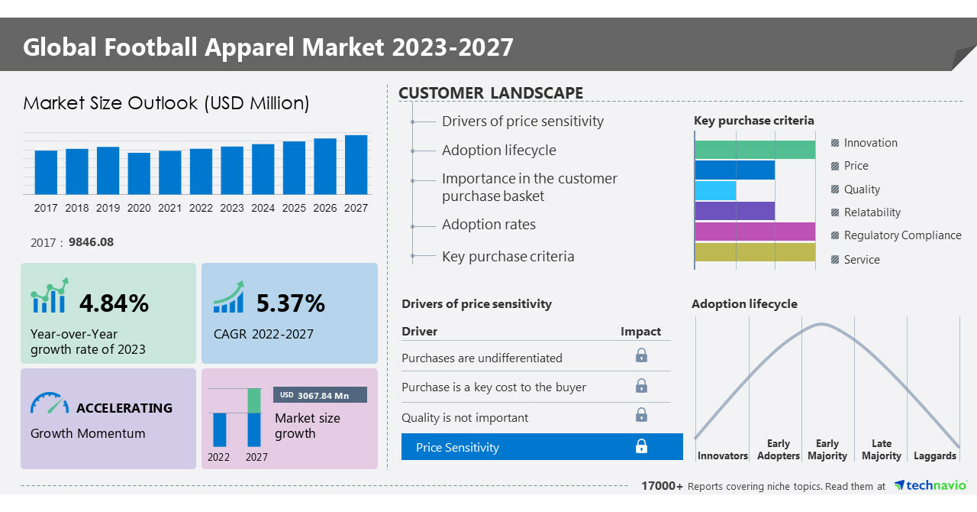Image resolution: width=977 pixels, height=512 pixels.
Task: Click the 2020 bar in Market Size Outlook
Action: click(139, 173)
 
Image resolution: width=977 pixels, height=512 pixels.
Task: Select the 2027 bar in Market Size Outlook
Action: click(356, 165)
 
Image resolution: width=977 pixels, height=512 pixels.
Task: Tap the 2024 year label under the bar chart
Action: click(263, 208)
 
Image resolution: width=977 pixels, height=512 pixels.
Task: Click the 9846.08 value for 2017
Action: click(91, 242)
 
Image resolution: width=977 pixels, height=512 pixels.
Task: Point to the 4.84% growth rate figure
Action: click(114, 303)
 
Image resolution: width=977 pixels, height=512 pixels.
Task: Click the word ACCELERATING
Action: click(124, 408)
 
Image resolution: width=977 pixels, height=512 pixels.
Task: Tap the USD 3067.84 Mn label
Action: click(320, 395)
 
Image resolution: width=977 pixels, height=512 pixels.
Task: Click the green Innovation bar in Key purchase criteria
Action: click(755, 150)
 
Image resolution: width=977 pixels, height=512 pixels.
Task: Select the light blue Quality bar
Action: click(716, 190)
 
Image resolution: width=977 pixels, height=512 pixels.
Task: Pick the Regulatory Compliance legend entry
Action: click(902, 235)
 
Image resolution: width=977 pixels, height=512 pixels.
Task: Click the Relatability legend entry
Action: click(872, 212)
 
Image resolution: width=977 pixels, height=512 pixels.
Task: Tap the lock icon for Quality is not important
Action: click(641, 415)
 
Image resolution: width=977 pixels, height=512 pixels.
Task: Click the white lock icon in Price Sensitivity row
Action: click(641, 446)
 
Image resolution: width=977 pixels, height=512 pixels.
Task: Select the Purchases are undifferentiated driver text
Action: click(482, 358)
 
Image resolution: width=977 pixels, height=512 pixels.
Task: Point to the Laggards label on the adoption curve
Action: click(934, 455)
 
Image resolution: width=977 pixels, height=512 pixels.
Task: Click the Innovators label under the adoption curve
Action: click(722, 455)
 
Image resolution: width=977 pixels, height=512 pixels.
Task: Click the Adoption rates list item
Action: click(488, 225)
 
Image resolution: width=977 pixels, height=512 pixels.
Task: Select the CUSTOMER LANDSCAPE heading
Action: click(491, 93)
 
